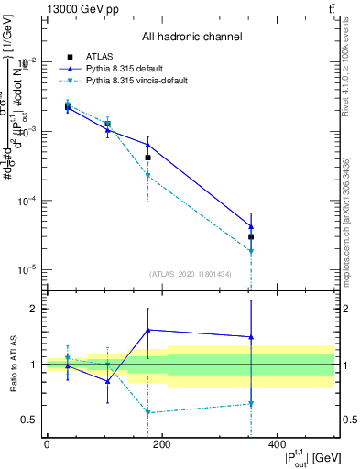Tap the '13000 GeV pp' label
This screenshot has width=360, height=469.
pos(76,8)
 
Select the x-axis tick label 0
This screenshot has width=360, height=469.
pos(47,444)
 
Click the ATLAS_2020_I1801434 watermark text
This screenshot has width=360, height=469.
pos(191,274)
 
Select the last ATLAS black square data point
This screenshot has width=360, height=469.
pos(250,236)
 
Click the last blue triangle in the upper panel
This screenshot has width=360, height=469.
pos(250,226)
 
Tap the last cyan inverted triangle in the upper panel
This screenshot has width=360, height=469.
pos(250,251)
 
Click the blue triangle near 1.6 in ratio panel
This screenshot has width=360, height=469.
pos(147,330)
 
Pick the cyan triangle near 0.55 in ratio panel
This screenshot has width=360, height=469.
pos(147,413)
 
